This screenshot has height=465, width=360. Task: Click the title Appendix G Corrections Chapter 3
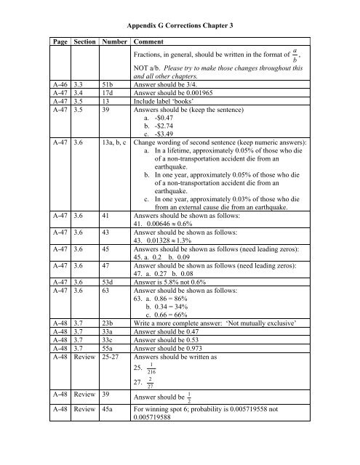click(x=180, y=26)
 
